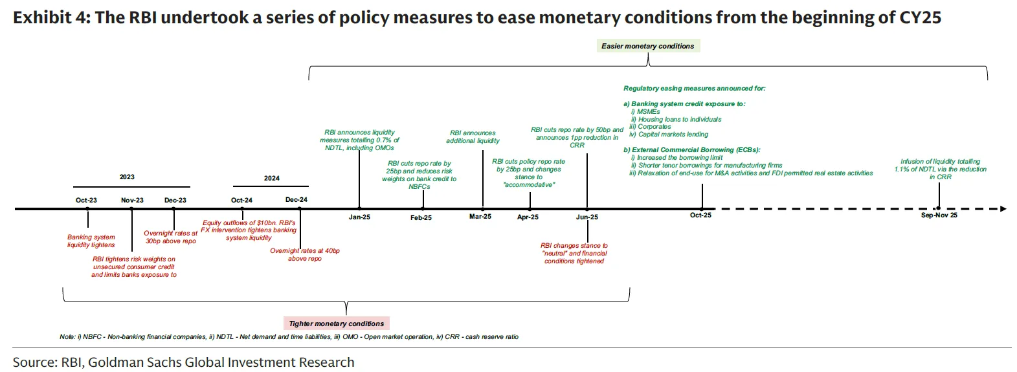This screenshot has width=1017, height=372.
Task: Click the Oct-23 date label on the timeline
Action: tap(86, 201)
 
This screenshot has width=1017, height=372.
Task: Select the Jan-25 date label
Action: tap(359, 217)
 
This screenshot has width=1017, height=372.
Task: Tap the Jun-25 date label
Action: tap(587, 217)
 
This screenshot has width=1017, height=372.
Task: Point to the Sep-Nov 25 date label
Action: tap(939, 215)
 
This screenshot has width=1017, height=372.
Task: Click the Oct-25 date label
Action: tap(700, 215)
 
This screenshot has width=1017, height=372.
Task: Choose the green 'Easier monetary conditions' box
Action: tap(647, 46)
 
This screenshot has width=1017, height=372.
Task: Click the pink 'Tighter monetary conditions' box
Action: tap(336, 323)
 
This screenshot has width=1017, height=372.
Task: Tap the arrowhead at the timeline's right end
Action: tap(1003, 209)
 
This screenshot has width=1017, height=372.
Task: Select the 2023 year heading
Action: tap(127, 177)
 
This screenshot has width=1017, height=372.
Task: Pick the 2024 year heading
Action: tap(272, 179)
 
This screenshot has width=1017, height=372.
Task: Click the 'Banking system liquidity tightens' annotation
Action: tap(91, 241)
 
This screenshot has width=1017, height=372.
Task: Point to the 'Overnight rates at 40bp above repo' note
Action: tap(304, 255)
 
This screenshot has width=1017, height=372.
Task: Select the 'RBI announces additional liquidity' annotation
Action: tap(473, 137)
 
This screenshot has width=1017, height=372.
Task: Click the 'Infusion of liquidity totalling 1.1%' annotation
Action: tap(940, 169)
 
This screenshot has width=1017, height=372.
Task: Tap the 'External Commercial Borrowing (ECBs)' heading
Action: tap(692, 150)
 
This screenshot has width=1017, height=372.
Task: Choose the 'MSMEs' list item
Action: tap(648, 112)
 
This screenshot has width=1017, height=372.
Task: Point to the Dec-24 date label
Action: tap(296, 200)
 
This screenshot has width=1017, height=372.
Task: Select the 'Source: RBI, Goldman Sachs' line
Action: tap(183, 362)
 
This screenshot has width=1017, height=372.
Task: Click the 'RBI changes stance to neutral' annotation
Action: tap(574, 254)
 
